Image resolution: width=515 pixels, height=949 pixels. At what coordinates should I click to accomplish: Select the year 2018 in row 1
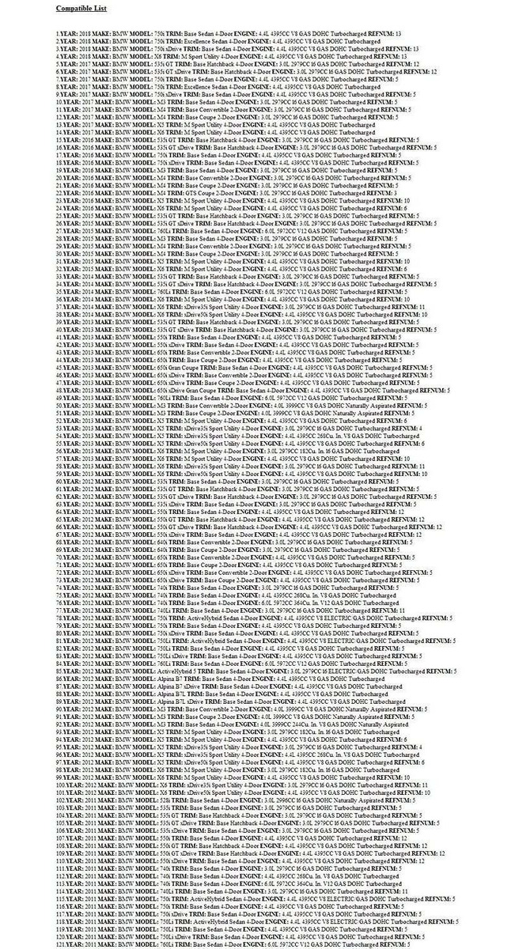pyautogui.click(x=84, y=34)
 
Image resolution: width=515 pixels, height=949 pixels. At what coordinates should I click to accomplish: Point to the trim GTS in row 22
pyautogui.click(x=187, y=193)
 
